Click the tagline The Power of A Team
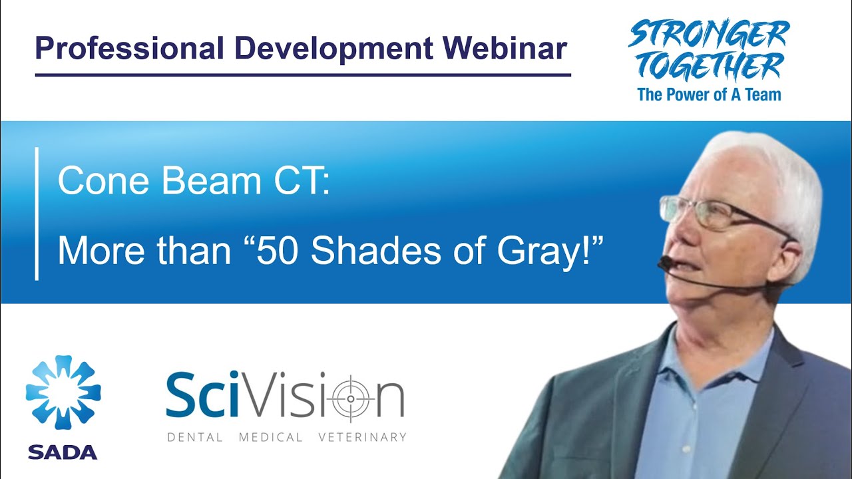pos(709,94)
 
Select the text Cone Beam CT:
pos(194,182)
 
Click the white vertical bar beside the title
pos(36,214)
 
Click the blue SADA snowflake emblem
pos(63,393)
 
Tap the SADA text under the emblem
pos(63,452)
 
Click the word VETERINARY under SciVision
pos(362,437)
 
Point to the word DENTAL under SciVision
pos(195,437)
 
